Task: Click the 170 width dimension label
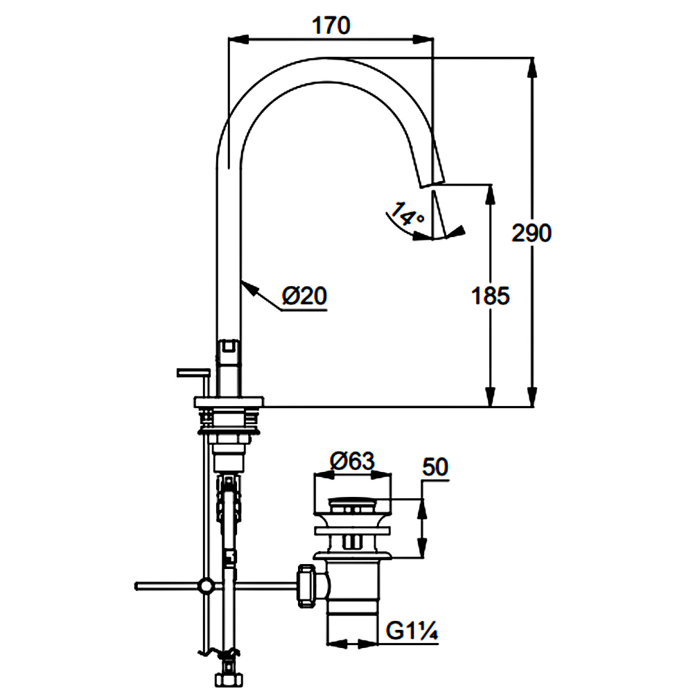(x=331, y=26)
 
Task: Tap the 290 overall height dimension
(x=532, y=232)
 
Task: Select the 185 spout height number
(x=490, y=296)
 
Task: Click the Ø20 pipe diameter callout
(x=304, y=296)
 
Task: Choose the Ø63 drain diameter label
(x=352, y=462)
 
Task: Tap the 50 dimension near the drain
(x=435, y=467)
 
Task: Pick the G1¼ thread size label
(x=412, y=631)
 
